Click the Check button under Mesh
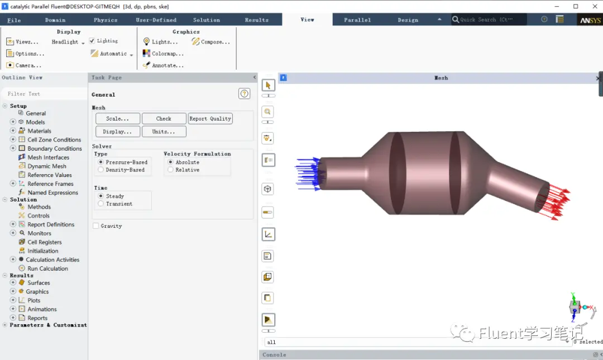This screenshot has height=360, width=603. tap(164, 118)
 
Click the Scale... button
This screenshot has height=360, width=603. tap(118, 118)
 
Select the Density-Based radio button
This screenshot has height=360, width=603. tap(100, 170)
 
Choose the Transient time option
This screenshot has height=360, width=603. tap(100, 204)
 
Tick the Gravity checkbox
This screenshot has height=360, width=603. tap(96, 226)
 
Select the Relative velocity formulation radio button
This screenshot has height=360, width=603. tap(170, 170)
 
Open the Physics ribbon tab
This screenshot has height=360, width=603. tap(106, 20)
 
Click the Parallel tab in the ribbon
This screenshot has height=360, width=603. tap(357, 20)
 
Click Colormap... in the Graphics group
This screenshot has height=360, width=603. tap(163, 54)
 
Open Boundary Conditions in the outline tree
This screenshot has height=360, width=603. tap(55, 148)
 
